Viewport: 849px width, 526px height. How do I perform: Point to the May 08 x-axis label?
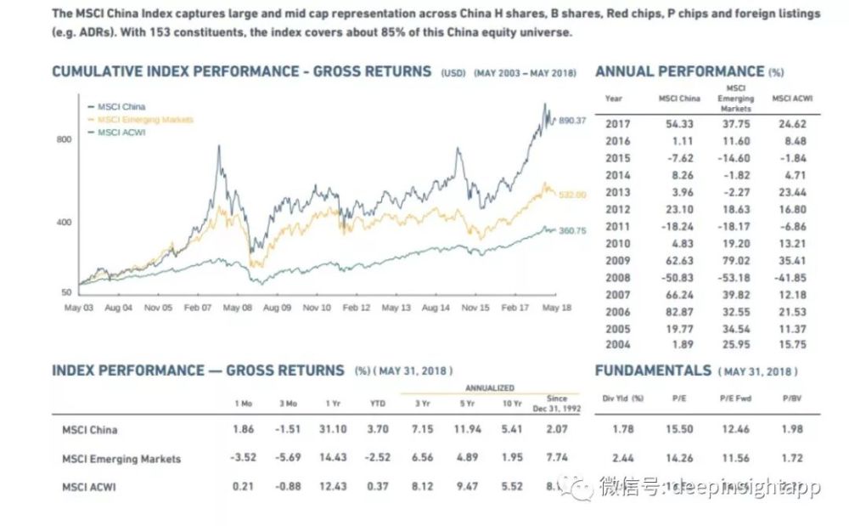pos(237,308)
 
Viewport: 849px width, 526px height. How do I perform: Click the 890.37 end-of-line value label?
pos(572,121)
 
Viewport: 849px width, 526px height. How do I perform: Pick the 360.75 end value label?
pos(572,230)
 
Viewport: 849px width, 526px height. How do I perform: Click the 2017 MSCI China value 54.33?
pos(679,123)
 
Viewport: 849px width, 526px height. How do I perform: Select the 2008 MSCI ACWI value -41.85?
pos(790,277)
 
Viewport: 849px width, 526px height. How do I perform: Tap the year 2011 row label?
pos(617,226)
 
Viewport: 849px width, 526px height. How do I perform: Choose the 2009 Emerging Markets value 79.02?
pos(735,260)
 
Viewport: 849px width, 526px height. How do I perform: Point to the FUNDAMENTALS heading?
pos(653,370)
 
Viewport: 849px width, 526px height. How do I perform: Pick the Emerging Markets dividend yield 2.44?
pos(623,458)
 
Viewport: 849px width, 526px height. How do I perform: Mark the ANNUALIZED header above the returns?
pos(489,387)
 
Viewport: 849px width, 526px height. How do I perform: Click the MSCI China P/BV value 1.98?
pos(790,429)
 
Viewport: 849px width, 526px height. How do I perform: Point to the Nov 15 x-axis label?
pos(474,308)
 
